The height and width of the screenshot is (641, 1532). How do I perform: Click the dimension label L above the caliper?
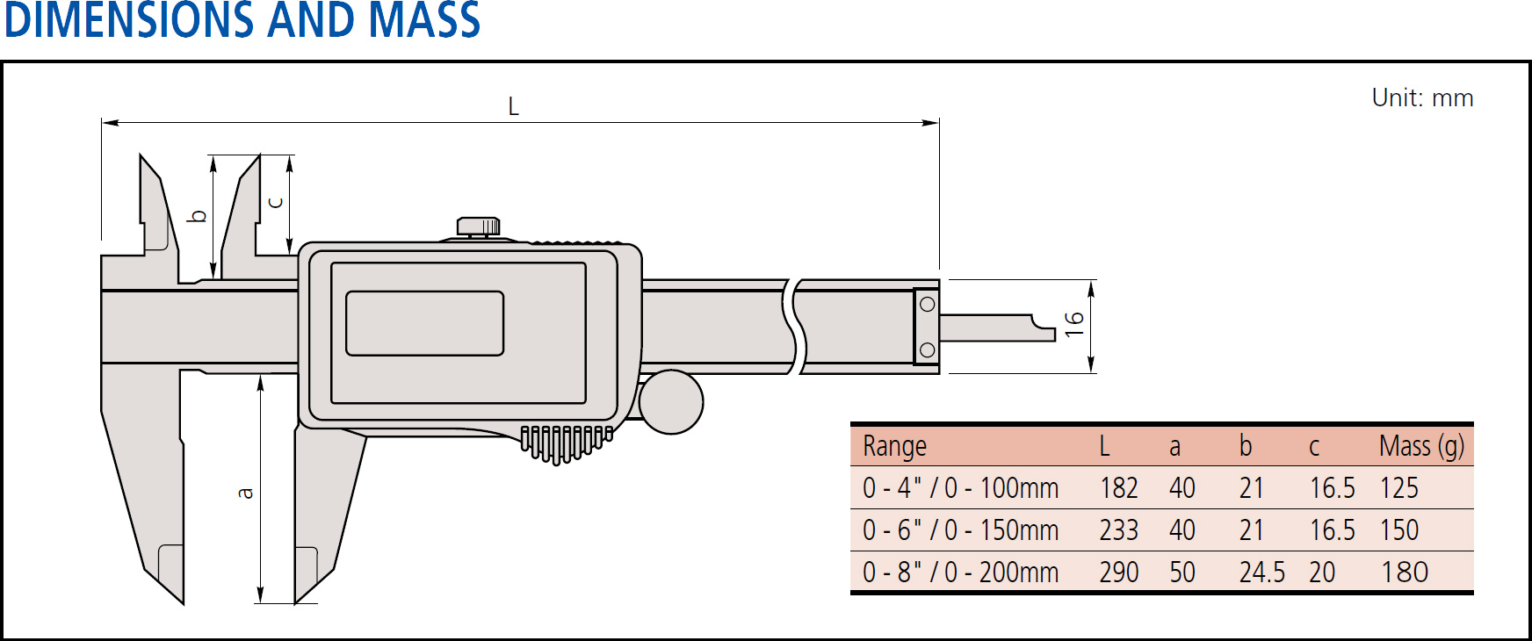coord(514,107)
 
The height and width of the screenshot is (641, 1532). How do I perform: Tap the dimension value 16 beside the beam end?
coord(1073,324)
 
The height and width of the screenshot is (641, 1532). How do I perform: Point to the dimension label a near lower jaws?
coord(246,493)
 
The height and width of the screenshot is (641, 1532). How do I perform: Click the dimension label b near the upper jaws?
coord(199,215)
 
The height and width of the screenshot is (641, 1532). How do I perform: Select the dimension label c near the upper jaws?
coord(275,203)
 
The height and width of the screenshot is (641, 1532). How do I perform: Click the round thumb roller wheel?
coord(671,402)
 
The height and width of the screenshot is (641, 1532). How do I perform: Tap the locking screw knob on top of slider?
coord(479,227)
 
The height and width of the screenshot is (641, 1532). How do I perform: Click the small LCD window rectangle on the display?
coord(424,323)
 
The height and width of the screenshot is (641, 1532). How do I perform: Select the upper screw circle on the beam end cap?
coord(927,305)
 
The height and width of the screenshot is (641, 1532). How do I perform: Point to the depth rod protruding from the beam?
coord(997,328)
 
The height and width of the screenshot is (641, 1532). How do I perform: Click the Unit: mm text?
coord(1422,97)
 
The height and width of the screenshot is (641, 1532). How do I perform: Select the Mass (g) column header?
coord(1421,446)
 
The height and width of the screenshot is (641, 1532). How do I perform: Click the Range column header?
coord(894,446)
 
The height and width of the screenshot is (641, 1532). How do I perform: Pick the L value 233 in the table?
coord(1118,530)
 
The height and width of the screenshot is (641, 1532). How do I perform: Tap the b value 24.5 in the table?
coord(1261,573)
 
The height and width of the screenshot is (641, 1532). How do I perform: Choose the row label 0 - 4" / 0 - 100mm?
coord(960,488)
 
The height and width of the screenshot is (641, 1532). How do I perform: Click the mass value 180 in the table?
coord(1404,573)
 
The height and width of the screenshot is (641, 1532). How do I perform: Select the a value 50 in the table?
coord(1182,573)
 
